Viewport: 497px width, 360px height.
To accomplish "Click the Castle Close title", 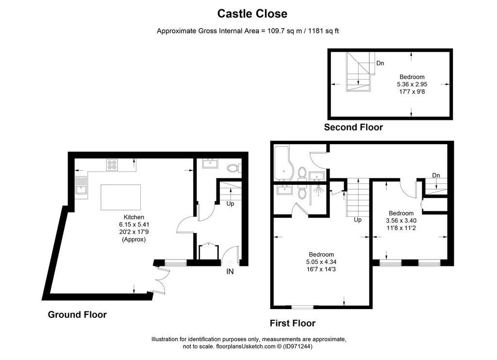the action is [252, 14].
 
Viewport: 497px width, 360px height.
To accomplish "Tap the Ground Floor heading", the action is [77, 315].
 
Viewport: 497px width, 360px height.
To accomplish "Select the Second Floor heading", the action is [353, 128].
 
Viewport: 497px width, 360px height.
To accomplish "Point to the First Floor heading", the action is [293, 323].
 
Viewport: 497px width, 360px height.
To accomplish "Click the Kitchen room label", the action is [134, 217].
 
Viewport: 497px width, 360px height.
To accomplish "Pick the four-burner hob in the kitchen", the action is [112, 164].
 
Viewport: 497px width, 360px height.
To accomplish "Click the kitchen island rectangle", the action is [121, 197].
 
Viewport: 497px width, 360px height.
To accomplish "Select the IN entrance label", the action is [230, 272].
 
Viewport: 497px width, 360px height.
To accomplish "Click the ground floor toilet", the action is [234, 168].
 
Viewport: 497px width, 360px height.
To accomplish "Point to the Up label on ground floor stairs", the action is [231, 203].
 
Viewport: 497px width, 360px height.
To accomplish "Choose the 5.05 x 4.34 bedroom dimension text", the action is [321, 262].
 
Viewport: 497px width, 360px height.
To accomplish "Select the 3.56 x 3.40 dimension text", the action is [401, 221].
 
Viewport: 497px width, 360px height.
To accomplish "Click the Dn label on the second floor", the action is [380, 64].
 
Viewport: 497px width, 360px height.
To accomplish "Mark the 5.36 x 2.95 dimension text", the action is [412, 84].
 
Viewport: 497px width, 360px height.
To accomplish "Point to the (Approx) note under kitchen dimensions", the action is [134, 240].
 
